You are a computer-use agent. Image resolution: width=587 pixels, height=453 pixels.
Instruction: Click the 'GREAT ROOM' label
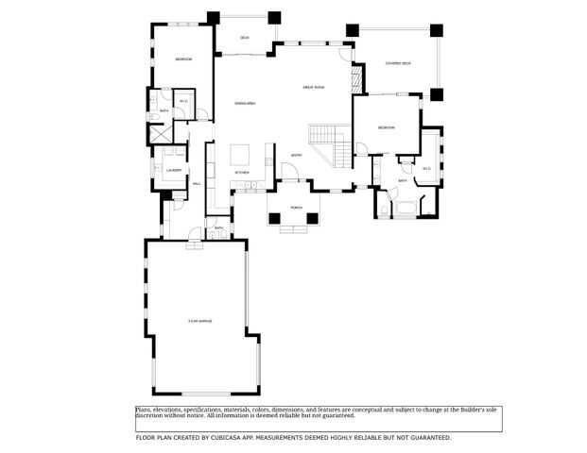[314, 87]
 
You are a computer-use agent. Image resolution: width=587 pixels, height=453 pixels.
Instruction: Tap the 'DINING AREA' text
[246, 102]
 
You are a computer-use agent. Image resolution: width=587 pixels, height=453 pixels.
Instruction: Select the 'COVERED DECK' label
[398, 64]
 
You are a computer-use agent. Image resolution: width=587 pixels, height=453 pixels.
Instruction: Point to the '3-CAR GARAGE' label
[199, 322]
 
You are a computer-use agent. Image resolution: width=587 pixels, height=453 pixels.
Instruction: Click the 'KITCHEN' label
[242, 173]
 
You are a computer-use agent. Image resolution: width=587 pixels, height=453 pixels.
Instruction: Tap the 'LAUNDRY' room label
[173, 170]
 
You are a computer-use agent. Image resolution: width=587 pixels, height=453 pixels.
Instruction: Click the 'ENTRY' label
[296, 155]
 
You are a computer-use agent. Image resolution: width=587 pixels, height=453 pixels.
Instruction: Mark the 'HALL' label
[197, 183]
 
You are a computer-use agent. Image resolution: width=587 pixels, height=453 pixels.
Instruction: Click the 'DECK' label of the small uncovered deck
[244, 38]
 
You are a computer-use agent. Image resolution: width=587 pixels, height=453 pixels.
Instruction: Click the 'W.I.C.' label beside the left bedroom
[183, 101]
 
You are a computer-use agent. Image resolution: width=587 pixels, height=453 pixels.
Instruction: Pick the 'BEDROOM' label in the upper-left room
[183, 59]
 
